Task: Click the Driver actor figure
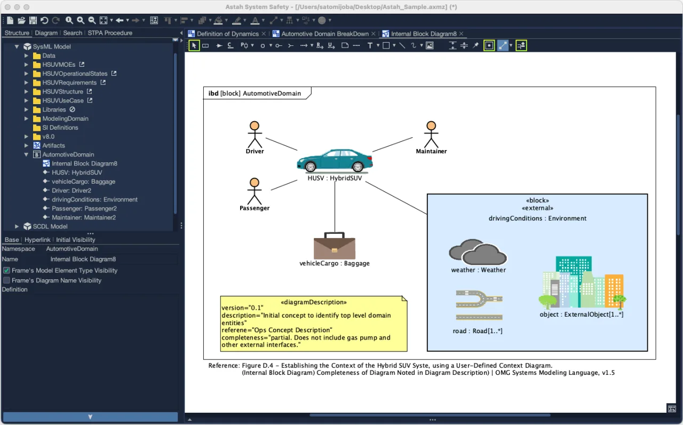click(255, 135)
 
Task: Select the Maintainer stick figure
click(431, 135)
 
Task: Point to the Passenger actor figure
click(255, 191)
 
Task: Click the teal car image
click(335, 160)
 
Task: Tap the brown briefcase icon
click(335, 246)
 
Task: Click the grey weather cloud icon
click(478, 252)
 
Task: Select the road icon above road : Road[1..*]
click(479, 305)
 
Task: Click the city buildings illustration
click(582, 282)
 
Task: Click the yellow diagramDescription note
click(314, 324)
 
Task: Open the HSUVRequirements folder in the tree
click(69, 83)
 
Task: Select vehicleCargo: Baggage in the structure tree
click(83, 182)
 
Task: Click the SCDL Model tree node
click(50, 226)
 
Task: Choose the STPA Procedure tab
click(110, 33)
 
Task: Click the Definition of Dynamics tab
click(227, 34)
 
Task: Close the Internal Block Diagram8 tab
click(462, 34)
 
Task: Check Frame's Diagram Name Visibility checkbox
click(6, 280)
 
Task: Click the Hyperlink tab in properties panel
click(37, 240)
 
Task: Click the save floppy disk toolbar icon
click(33, 20)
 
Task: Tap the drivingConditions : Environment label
click(537, 218)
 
